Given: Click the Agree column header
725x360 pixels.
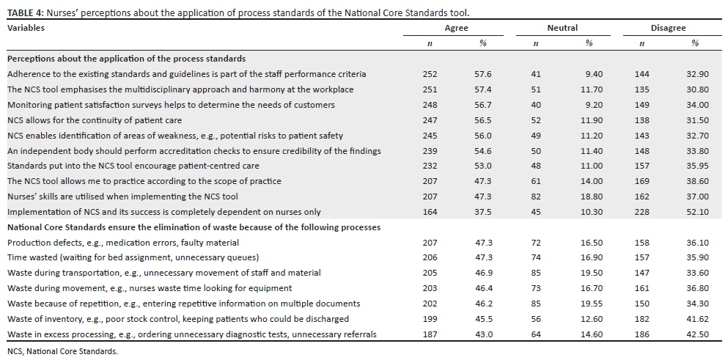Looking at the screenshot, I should coord(456,28).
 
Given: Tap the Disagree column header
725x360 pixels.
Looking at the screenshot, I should coord(668,28).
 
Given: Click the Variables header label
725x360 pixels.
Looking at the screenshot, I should coord(26,28).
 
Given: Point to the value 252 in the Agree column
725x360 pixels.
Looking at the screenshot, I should coord(430,74).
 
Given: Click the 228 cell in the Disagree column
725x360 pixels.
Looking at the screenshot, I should coord(641,212).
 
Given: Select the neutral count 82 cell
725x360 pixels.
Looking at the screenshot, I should coord(535,196).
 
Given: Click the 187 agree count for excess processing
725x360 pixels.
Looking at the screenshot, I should coord(430,334).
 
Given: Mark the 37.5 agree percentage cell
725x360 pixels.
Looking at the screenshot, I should coord(483,212).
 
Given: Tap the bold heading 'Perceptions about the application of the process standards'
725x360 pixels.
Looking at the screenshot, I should coord(126,59).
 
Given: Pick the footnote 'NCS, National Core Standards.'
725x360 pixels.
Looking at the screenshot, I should coord(62,352).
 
